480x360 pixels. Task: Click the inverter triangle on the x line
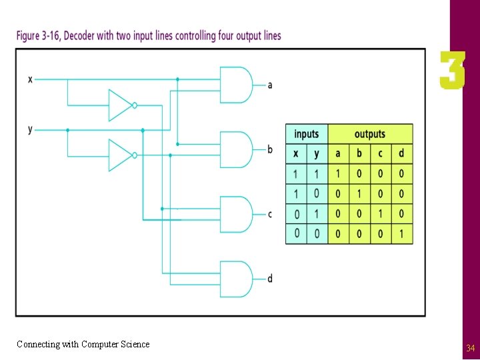121,105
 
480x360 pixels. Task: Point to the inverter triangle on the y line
121,155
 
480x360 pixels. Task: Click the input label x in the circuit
30,79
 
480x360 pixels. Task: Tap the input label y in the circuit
30,129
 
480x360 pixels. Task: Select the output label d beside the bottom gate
270,279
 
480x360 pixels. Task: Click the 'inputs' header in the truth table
307,134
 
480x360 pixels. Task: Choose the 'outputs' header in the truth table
370,134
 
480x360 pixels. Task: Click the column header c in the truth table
380,153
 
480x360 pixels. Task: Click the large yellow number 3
452,71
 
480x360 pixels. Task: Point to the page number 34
470,348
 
